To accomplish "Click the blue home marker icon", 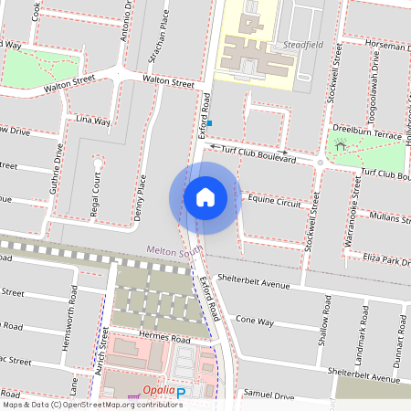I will point(205,197).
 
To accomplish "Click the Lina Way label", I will point(93,121).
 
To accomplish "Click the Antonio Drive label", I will point(127,22).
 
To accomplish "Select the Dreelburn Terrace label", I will point(367,133).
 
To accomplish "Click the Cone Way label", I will point(255,321).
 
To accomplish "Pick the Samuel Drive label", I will point(269,396).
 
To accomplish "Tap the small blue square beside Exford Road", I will point(209,122).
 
